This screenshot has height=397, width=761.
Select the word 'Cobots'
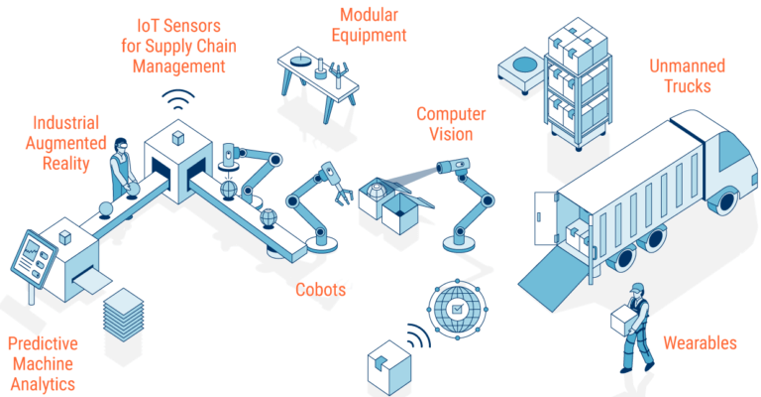tap(321, 290)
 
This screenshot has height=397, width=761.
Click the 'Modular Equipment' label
tap(373, 26)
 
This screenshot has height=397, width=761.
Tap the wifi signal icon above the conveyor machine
tap(179, 100)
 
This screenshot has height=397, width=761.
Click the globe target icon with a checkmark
tap(457, 309)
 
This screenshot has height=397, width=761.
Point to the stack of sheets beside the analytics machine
tap(124, 314)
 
